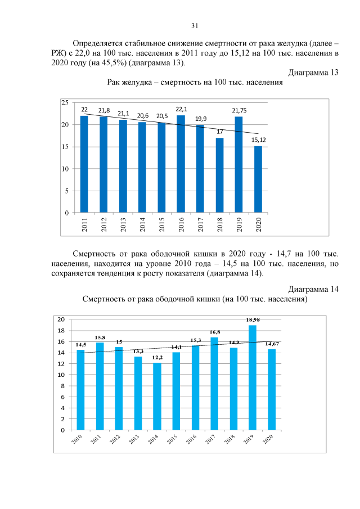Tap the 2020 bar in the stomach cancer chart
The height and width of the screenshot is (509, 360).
258,179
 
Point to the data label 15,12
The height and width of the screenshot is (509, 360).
259,139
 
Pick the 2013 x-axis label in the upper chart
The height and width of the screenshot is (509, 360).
123,225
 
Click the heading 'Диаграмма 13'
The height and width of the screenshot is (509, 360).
313,73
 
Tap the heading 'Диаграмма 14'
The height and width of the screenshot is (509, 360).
313,289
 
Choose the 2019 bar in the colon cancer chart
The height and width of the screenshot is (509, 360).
253,377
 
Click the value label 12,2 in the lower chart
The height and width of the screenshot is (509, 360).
157,357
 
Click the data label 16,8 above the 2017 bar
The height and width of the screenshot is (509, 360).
214,332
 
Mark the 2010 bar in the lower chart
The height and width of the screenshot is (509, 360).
80,390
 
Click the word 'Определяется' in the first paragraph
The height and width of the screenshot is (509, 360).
99,43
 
